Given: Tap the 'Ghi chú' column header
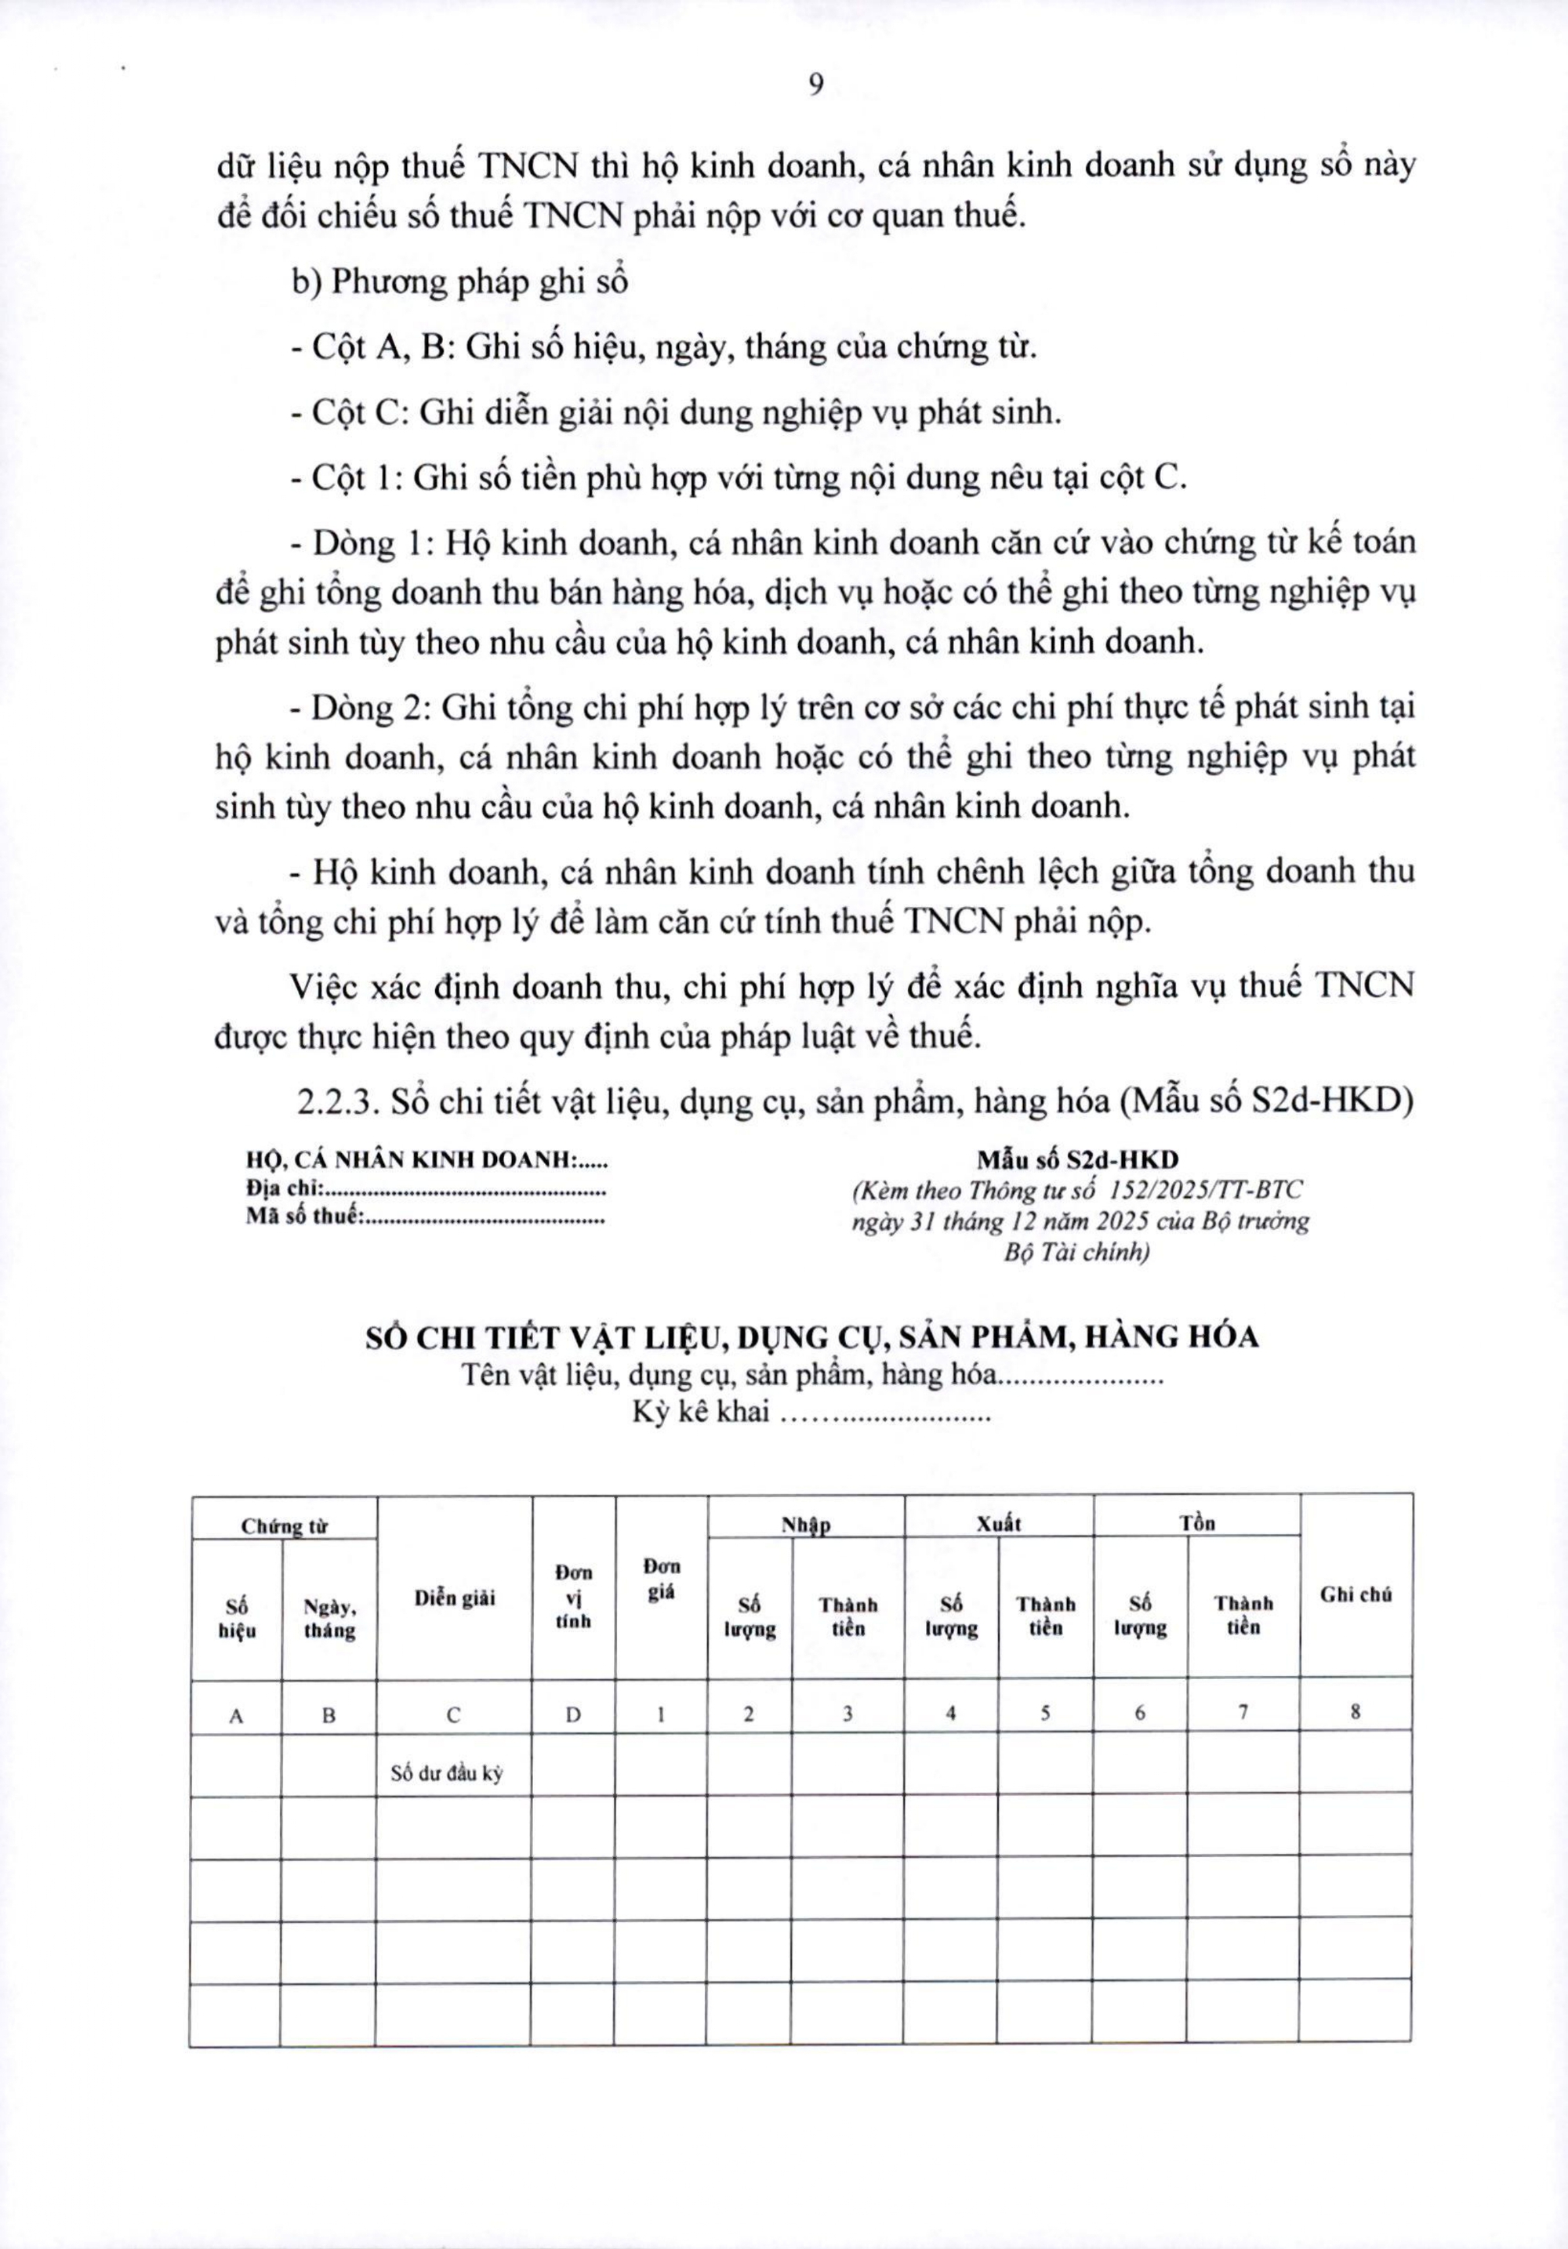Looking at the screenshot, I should (1356, 1594).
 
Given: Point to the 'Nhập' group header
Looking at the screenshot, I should (805, 1525).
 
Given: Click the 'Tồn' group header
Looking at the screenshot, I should (1197, 1523).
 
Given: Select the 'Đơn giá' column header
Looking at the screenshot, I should (661, 1580).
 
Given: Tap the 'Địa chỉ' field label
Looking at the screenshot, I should (284, 1190).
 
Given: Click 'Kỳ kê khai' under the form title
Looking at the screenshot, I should (700, 1413).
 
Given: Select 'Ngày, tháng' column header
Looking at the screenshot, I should (329, 1618).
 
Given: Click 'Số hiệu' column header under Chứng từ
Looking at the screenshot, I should (236, 1618).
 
